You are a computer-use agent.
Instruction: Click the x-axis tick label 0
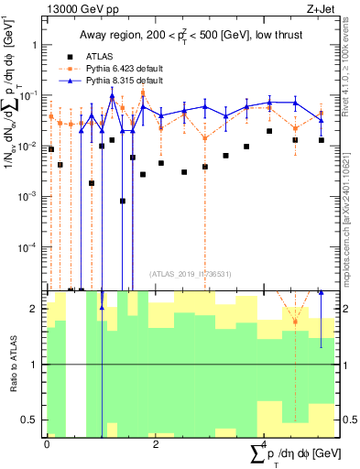(47, 444)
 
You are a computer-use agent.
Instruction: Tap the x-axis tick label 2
(156, 444)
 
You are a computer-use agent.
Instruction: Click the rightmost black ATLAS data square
(321, 140)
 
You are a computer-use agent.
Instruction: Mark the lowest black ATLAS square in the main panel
(123, 201)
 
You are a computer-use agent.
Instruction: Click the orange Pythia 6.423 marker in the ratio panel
(295, 322)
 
